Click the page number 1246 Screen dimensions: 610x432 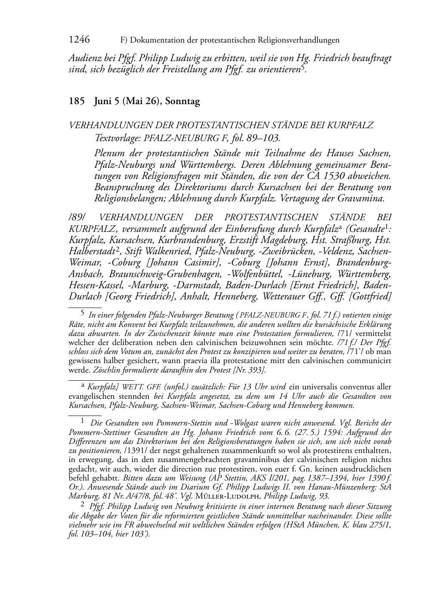coord(79,40)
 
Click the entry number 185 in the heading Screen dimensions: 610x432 coord(76,102)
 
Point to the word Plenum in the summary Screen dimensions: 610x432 coord(109,153)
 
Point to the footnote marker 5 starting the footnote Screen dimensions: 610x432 coord(83,314)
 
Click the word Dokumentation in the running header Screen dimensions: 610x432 coord(156,40)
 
